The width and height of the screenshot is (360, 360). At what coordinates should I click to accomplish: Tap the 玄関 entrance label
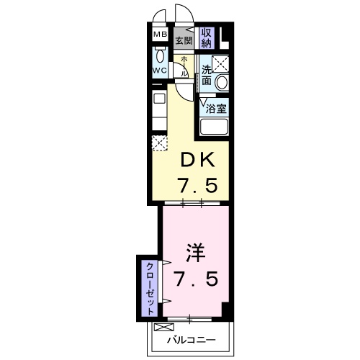(x=184, y=41)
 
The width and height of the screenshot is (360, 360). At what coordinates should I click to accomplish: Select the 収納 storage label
(x=207, y=37)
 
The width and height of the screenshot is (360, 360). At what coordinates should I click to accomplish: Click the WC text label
(x=159, y=71)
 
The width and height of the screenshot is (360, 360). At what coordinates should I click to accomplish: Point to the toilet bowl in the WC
(x=159, y=58)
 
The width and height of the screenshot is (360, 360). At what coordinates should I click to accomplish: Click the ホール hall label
(x=184, y=66)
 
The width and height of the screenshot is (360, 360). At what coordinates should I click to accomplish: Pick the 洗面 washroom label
(x=207, y=75)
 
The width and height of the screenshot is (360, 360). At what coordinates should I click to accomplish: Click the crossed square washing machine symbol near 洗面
(x=220, y=63)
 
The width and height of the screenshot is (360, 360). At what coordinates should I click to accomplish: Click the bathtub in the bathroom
(x=214, y=127)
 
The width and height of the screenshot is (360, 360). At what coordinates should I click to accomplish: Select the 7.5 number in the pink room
(x=196, y=277)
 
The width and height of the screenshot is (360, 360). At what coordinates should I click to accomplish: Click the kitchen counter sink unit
(x=158, y=108)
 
